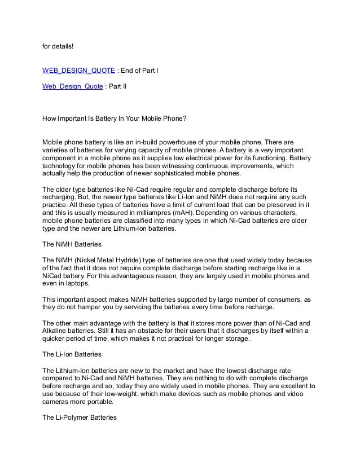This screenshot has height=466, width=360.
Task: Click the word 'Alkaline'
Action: click(57, 331)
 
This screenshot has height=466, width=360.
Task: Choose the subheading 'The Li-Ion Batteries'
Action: click(72, 355)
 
